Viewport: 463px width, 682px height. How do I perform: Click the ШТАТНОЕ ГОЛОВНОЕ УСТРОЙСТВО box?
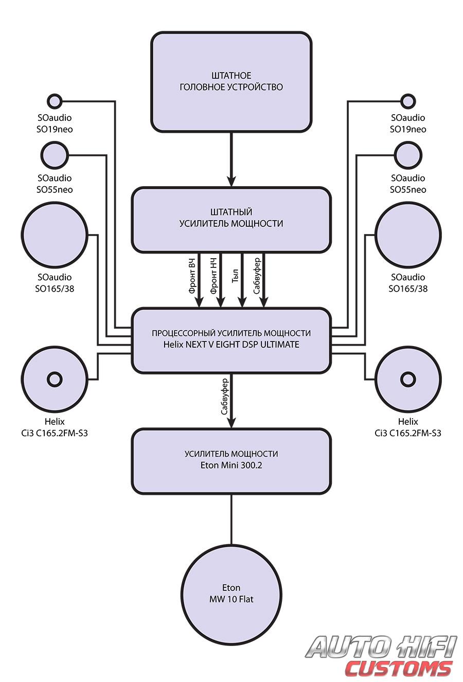click(231, 81)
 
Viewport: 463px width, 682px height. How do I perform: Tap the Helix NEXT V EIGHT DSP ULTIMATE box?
click(231, 339)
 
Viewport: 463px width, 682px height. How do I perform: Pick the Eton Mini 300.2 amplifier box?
click(231, 461)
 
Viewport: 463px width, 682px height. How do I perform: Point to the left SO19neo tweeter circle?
click(54, 101)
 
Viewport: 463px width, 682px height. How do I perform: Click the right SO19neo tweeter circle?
click(407, 101)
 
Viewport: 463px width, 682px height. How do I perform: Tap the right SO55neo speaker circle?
click(407, 155)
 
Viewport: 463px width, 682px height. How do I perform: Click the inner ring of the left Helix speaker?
click(54, 380)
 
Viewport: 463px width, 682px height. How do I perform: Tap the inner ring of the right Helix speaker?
click(408, 380)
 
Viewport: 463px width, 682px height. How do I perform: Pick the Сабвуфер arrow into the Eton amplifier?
click(231, 401)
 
